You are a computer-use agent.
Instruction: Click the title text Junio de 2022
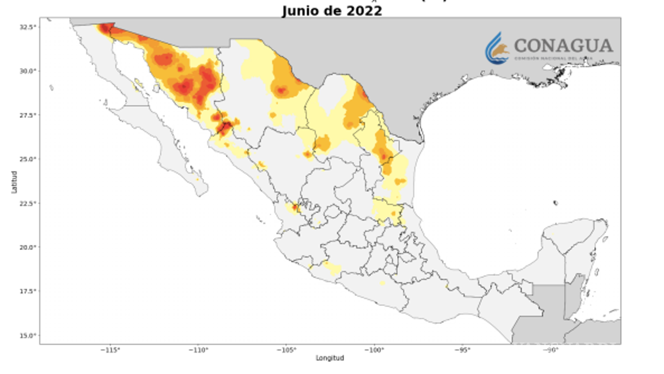[x=331, y=10]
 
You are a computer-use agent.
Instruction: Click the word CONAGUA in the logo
[x=563, y=46]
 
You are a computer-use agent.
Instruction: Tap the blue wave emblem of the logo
[x=496, y=48]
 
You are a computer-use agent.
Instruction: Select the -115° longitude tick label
[x=111, y=350]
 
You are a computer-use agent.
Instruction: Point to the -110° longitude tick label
[x=199, y=350]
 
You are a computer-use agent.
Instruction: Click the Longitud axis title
[x=330, y=358]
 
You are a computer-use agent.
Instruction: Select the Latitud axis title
[x=15, y=181]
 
